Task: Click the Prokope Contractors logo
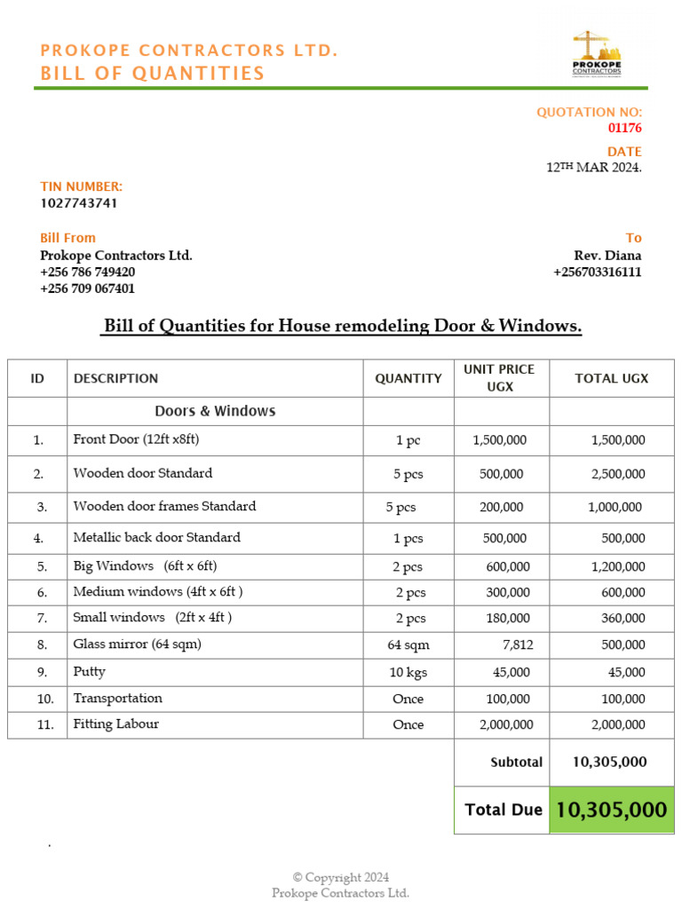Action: (596, 55)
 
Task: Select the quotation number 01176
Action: (624, 128)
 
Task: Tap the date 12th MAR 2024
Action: (593, 168)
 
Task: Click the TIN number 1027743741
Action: (79, 202)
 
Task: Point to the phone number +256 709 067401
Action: (88, 289)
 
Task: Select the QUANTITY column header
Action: (408, 378)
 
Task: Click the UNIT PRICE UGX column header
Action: (501, 378)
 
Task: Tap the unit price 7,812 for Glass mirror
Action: (516, 644)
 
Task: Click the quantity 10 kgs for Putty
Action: (408, 673)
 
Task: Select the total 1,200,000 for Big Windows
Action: (618, 566)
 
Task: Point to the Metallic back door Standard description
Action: (156, 537)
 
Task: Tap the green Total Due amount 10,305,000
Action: (611, 810)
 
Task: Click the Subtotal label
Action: (516, 763)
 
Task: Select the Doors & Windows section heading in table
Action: (215, 411)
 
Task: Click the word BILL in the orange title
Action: (66, 73)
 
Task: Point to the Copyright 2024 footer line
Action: (341, 878)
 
